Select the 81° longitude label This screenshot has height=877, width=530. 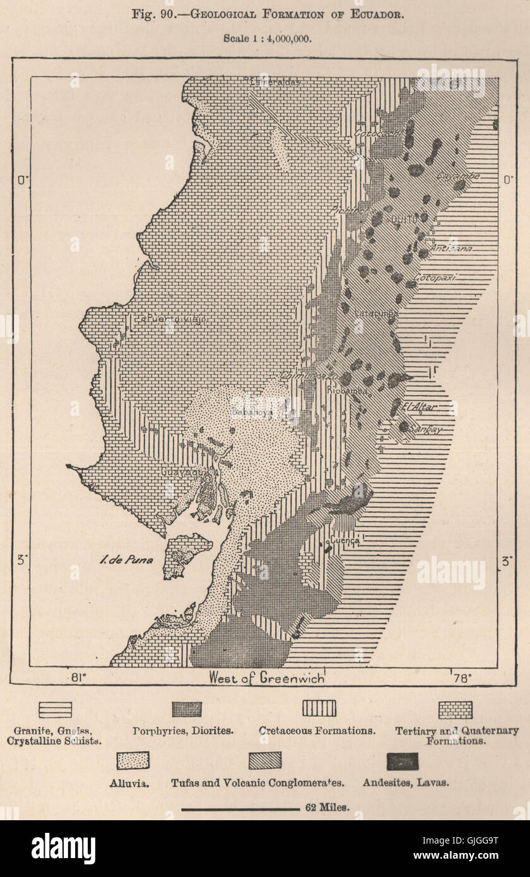tap(78, 678)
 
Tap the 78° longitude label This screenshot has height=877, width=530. tap(462, 678)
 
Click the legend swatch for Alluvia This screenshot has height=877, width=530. tap(132, 760)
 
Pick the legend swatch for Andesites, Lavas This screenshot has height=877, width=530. tap(403, 762)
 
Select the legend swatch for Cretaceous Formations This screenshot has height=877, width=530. tap(319, 709)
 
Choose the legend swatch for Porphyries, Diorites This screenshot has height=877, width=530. tap(187, 709)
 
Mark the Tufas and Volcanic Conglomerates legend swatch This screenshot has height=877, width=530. tap(264, 761)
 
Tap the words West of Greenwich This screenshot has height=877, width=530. tap(267, 678)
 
